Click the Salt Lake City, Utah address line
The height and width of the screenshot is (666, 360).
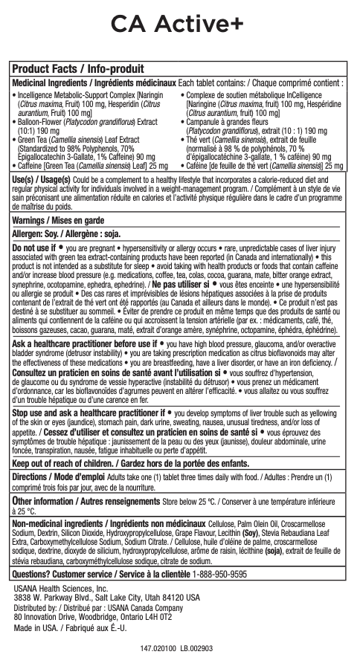[106, 577]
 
